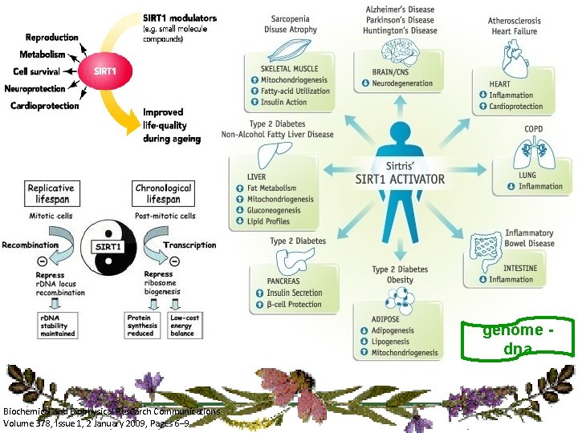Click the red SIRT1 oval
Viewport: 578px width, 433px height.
click(105, 71)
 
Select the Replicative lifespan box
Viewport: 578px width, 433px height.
click(50, 193)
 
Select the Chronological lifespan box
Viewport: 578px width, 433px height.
click(163, 193)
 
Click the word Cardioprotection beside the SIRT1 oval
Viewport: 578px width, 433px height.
click(45, 106)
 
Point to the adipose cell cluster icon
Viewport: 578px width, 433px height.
click(400, 300)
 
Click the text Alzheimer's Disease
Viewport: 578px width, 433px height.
click(400, 10)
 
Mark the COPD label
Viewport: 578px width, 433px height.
click(533, 128)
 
